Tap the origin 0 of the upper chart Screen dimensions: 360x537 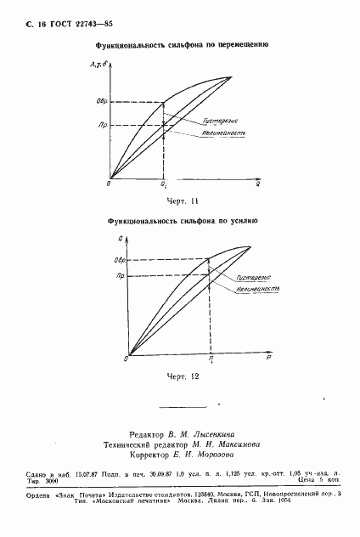click(x=109, y=183)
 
